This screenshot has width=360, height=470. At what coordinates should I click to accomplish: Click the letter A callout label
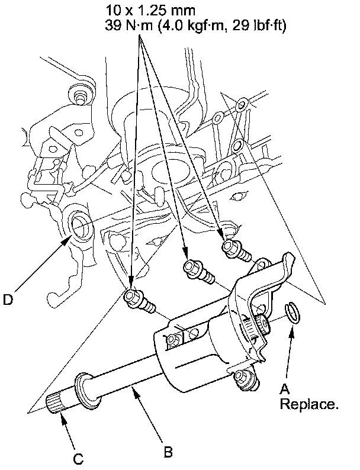[x=284, y=388]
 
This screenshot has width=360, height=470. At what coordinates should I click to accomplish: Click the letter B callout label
[x=168, y=453]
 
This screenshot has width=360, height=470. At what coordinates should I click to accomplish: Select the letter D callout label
[x=8, y=300]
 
